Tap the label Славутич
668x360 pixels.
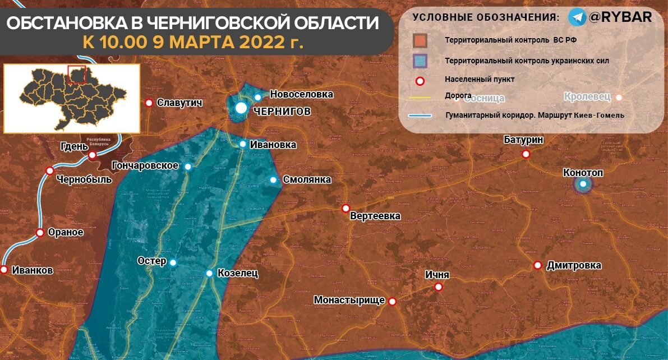179,103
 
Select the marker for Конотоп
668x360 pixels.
583,184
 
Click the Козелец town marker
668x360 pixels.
209,274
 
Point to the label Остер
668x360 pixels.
152,261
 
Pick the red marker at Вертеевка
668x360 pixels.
346,209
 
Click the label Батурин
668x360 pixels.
523,140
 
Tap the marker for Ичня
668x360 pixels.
439,287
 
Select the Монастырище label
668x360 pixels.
349,301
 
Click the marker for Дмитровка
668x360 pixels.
537,265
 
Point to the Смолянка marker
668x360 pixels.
273,180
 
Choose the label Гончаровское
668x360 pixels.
145,166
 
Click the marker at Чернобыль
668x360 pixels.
50,170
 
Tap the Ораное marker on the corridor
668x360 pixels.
40,233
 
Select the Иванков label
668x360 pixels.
31,270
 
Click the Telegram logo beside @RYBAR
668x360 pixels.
577,17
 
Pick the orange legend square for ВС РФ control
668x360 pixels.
420,41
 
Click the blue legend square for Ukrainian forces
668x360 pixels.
420,60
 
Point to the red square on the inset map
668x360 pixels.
76,75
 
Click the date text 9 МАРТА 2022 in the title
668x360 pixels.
227,42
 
